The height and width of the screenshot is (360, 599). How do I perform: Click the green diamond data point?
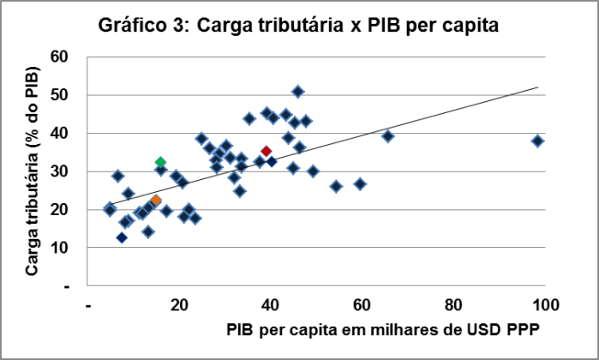pyautogui.click(x=160, y=162)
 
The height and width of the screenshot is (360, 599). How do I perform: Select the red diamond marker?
pyautogui.click(x=267, y=151)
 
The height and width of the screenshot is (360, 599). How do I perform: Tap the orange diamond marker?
pyautogui.click(x=156, y=201)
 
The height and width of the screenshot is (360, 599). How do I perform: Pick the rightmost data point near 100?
pyautogui.click(x=537, y=141)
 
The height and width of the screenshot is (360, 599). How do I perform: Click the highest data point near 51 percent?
pyautogui.click(x=297, y=91)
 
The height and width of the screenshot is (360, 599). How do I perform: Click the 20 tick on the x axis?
pyautogui.click(x=180, y=303)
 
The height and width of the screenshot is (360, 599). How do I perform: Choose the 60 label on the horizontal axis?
pyautogui.click(x=362, y=303)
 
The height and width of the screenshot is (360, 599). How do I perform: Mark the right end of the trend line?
pyautogui.click(x=538, y=87)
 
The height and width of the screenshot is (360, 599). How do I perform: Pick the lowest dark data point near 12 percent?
pyautogui.click(x=123, y=237)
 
